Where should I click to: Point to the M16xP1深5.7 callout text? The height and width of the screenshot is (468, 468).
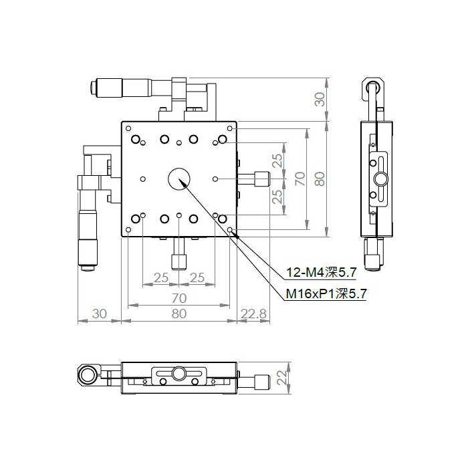[x=326, y=293]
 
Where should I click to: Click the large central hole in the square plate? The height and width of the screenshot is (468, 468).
[x=179, y=179]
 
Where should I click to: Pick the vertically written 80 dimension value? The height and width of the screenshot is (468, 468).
[x=320, y=179]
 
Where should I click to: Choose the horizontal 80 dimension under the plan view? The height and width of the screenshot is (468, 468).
[x=179, y=313]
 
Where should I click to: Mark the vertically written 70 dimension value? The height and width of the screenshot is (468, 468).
[x=300, y=179]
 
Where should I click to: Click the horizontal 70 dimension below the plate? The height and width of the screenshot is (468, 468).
[x=179, y=298]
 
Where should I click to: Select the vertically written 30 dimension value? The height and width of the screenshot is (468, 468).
[x=320, y=100]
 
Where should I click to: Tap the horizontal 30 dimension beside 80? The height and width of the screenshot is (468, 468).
[x=99, y=313]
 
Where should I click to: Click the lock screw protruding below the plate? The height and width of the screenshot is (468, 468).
[x=179, y=259]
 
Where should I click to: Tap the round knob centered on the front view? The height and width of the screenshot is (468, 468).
[x=179, y=373]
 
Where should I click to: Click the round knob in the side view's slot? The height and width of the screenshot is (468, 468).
[x=380, y=179]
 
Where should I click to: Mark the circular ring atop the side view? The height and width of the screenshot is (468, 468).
[x=373, y=87]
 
